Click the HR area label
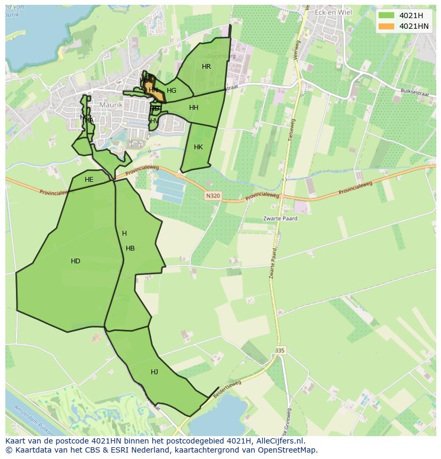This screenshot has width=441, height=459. pos(206,67)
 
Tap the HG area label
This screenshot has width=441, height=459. pos(171,91)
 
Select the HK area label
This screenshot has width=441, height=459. pos(198,147)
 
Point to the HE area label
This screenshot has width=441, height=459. pos(89,180)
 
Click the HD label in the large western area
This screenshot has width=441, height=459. pos(76,261)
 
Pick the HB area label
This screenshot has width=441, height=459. pos(130,248)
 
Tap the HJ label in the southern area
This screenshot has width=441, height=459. pos(154,372)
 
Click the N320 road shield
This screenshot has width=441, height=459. pos(212,196)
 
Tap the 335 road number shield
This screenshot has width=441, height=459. pos(280,350)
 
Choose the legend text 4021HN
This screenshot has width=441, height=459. pos(414,26)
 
